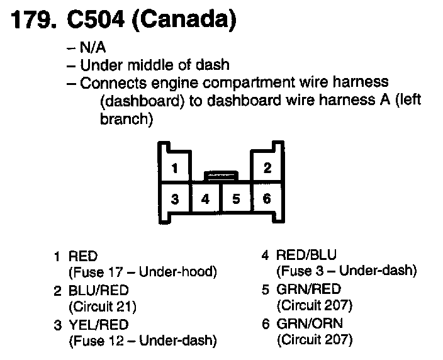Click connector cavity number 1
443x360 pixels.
(x=175, y=169)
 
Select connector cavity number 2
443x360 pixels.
(x=267, y=169)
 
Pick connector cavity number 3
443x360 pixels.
(x=175, y=200)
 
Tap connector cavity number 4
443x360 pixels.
(x=205, y=200)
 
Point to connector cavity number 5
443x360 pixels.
(x=236, y=200)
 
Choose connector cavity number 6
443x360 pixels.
(x=267, y=200)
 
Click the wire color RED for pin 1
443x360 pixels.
(x=82, y=256)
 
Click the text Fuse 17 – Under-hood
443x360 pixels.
(x=142, y=272)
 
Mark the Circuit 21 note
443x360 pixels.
(x=102, y=307)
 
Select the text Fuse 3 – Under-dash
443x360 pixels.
(x=347, y=271)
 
